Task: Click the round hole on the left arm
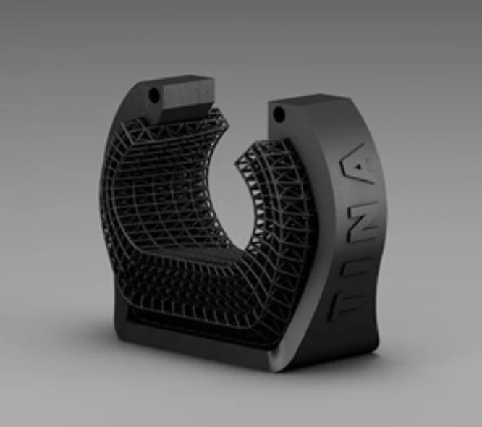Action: [x=154, y=95]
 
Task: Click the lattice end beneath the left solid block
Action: [x=195, y=127]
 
